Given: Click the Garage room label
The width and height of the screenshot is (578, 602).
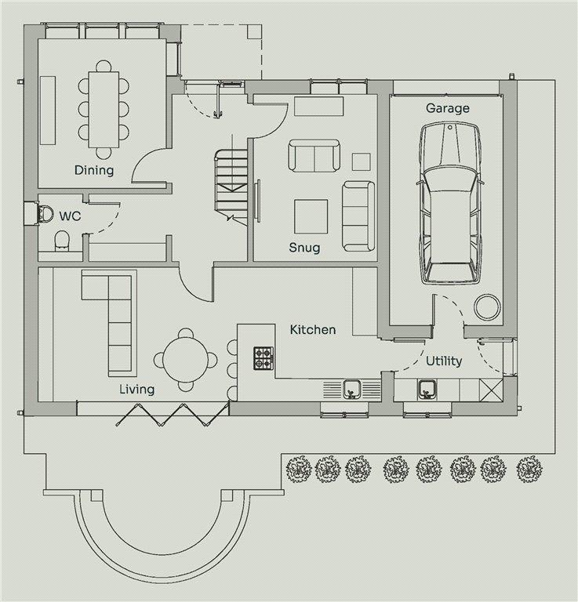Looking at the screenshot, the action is pyautogui.click(x=448, y=108).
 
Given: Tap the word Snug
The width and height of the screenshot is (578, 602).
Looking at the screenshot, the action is pyautogui.click(x=304, y=247).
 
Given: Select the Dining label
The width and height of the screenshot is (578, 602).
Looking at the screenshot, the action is pyautogui.click(x=94, y=170).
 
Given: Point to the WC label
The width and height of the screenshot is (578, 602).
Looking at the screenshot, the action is pyautogui.click(x=70, y=216).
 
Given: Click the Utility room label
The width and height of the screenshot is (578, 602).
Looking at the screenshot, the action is pyautogui.click(x=444, y=361).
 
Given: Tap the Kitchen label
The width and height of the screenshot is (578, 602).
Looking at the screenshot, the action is pyautogui.click(x=313, y=329).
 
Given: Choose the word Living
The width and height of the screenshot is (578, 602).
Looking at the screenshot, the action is pyautogui.click(x=136, y=390).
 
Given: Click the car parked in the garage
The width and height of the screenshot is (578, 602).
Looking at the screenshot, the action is pyautogui.click(x=449, y=203).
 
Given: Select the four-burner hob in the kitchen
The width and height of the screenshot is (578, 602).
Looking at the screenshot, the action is pyautogui.click(x=264, y=358).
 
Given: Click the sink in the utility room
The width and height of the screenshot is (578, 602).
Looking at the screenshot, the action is pyautogui.click(x=427, y=390).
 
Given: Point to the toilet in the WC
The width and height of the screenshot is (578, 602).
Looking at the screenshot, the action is pyautogui.click(x=61, y=241).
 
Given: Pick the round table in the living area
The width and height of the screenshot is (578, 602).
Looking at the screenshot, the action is pyautogui.click(x=185, y=360).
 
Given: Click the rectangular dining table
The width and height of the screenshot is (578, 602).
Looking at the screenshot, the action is pyautogui.click(x=104, y=110).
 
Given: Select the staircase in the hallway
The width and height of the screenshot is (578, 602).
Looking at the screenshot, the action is pyautogui.click(x=231, y=187).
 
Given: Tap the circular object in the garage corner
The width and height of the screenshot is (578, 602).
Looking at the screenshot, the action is pyautogui.click(x=487, y=306).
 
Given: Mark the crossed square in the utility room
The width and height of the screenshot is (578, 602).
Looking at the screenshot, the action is pyautogui.click(x=491, y=390).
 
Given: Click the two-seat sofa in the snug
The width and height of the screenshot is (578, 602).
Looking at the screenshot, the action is pyautogui.click(x=314, y=155).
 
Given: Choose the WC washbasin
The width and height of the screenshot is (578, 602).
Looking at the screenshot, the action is pyautogui.click(x=45, y=212).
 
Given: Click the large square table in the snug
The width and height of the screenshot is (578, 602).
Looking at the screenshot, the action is pyautogui.click(x=311, y=216).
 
